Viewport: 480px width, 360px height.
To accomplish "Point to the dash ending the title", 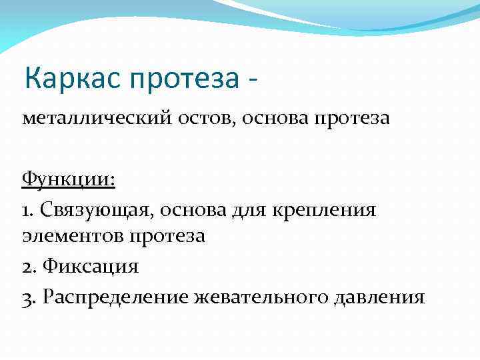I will (252, 80).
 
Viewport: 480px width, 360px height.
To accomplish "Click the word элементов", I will (72, 238).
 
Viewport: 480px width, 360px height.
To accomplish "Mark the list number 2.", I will (28, 267).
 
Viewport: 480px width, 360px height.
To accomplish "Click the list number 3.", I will (28, 296).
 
